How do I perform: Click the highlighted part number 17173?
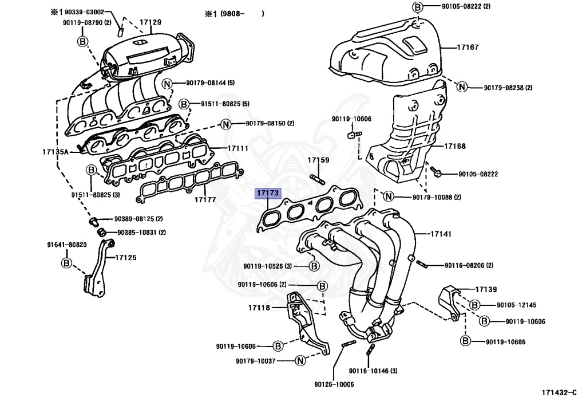point(267,194)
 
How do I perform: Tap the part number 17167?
point(468,48)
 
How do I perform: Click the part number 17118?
point(259,308)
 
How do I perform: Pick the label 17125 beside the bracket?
point(126,258)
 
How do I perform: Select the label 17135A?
point(55,152)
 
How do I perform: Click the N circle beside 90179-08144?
point(167,83)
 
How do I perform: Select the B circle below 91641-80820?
point(66,263)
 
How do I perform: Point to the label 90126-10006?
point(334,384)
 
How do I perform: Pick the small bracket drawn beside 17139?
point(448,301)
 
